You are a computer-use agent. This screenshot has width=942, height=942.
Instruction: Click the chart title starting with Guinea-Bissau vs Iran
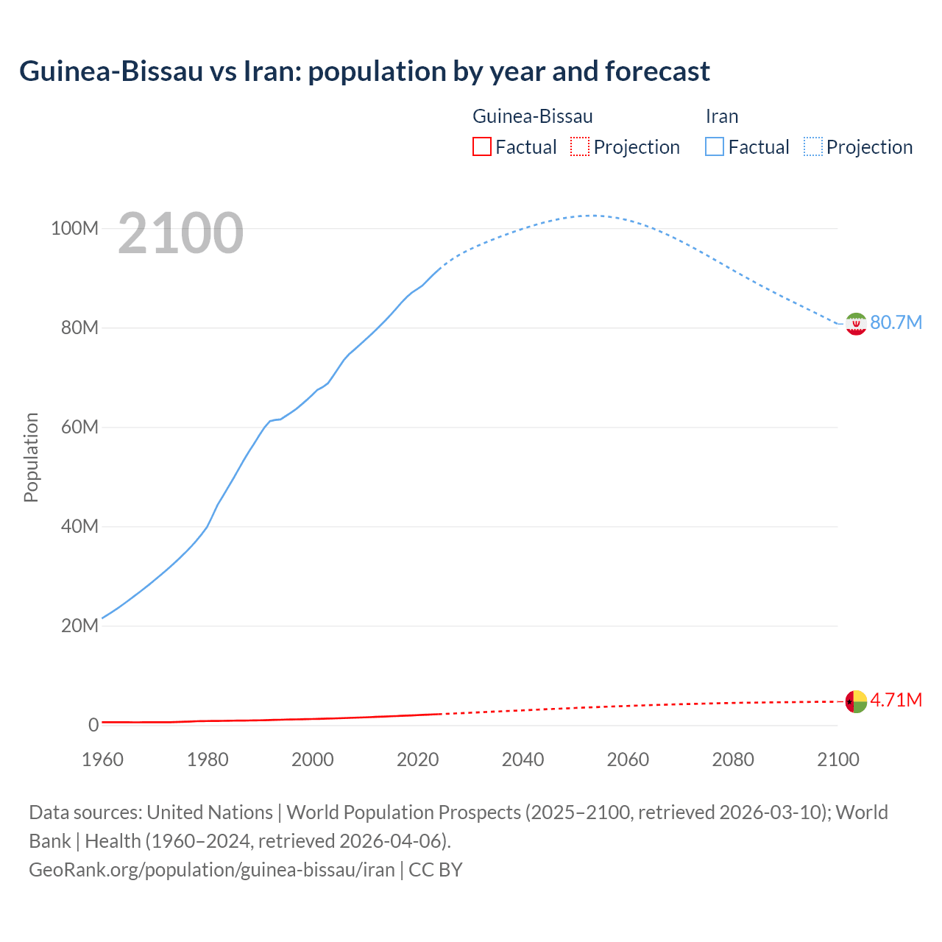click(364, 71)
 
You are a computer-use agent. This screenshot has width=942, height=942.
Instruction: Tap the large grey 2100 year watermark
click(180, 233)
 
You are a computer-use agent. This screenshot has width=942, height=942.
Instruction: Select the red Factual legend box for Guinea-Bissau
click(481, 147)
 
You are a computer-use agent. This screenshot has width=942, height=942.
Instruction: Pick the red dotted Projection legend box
click(580, 147)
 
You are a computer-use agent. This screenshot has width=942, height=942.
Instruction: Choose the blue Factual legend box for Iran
click(714, 147)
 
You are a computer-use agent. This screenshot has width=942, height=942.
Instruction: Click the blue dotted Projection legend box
click(813, 147)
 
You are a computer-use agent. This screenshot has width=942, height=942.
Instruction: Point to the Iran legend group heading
click(721, 116)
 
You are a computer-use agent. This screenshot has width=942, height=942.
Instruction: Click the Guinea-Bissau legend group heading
click(532, 116)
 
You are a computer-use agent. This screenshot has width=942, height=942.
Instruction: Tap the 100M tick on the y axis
click(74, 229)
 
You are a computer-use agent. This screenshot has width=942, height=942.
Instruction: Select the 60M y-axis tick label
click(79, 428)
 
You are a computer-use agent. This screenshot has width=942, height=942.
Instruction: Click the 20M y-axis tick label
click(79, 626)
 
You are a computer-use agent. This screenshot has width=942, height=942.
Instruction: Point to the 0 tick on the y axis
click(93, 726)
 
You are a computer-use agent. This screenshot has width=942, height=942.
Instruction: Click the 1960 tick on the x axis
click(102, 759)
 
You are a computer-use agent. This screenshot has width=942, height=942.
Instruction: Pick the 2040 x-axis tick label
click(523, 759)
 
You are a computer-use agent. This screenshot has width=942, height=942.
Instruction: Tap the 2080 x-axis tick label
click(733, 759)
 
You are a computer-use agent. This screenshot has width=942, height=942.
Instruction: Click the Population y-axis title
click(31, 457)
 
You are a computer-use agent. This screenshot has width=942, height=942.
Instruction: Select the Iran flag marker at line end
click(856, 324)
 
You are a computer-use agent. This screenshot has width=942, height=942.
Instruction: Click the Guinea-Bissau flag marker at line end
click(856, 701)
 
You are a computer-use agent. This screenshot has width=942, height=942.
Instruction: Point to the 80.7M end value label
click(896, 323)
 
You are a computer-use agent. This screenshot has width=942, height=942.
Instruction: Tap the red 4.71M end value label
click(896, 700)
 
